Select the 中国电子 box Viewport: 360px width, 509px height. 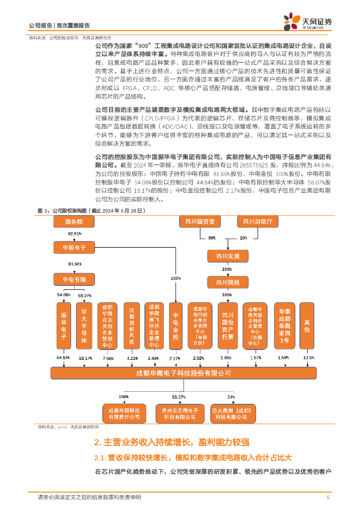[74, 247]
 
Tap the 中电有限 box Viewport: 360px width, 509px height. [74, 280]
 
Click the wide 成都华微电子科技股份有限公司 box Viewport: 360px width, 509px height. [183, 373]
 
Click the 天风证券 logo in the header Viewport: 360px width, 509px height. [307, 21]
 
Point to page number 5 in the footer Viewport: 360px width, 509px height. [328, 497]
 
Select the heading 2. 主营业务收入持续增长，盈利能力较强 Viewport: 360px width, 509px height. [172, 442]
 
